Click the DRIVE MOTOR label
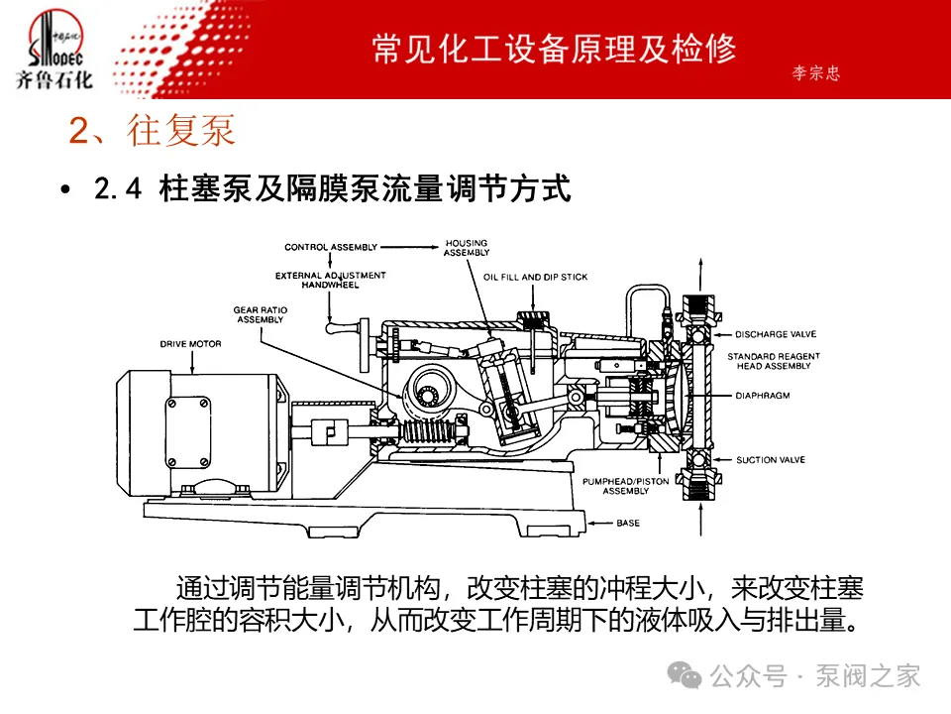coord(190,344)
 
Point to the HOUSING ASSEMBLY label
coord(466,248)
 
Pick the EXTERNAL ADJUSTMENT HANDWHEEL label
coord(330,280)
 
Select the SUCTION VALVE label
coord(770,459)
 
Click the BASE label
coord(628,522)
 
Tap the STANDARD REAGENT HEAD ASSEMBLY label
coord(770,361)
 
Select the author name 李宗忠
coord(816,74)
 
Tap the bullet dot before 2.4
coord(65,190)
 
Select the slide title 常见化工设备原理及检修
coord(554,50)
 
